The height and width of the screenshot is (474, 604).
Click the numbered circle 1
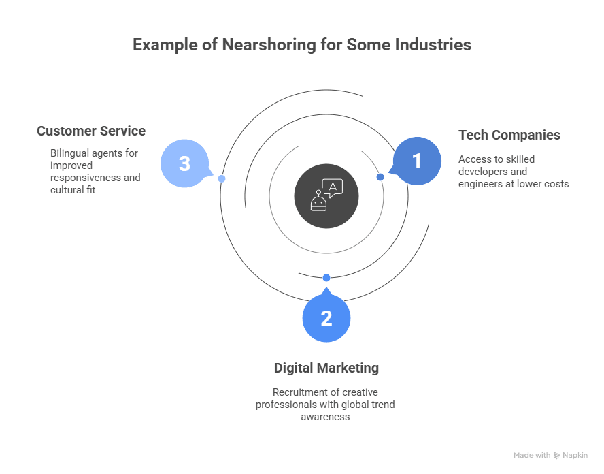coord(417,161)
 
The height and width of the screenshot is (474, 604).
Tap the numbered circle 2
coord(326,318)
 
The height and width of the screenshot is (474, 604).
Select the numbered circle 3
coord(184,164)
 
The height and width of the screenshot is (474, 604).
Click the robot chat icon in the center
coord(326,195)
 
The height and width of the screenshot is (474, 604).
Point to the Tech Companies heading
coord(509,135)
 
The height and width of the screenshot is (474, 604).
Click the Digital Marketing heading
coord(326,368)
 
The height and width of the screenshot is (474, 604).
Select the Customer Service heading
coord(91,131)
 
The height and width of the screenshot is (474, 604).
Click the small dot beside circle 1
coord(380,177)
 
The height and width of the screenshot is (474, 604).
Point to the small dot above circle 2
coord(326,278)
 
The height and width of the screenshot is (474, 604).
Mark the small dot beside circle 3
coord(222,178)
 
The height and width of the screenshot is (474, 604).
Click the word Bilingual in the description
coord(71,153)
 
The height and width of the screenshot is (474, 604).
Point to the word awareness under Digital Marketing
coord(325,417)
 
